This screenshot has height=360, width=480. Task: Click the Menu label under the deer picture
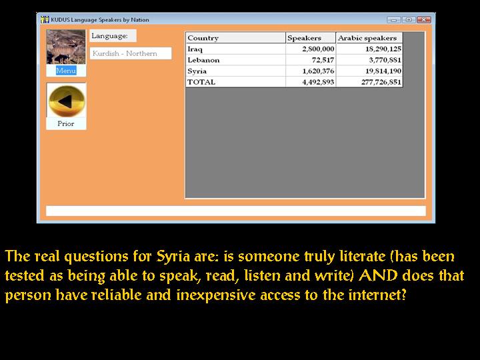click(66, 71)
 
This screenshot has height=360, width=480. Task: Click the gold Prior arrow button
click(67, 101)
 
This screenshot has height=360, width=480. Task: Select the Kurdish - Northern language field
click(131, 53)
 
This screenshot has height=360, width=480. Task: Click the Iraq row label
click(195, 49)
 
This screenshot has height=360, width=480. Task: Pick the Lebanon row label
click(203, 60)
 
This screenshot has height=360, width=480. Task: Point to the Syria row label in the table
click(197, 71)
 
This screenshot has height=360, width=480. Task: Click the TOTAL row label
click(201, 82)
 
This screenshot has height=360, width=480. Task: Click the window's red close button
click(424, 19)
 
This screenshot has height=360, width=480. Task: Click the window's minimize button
click(394, 19)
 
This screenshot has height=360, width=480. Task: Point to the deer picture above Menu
click(66, 47)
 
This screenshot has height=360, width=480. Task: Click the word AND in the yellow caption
click(378, 275)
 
